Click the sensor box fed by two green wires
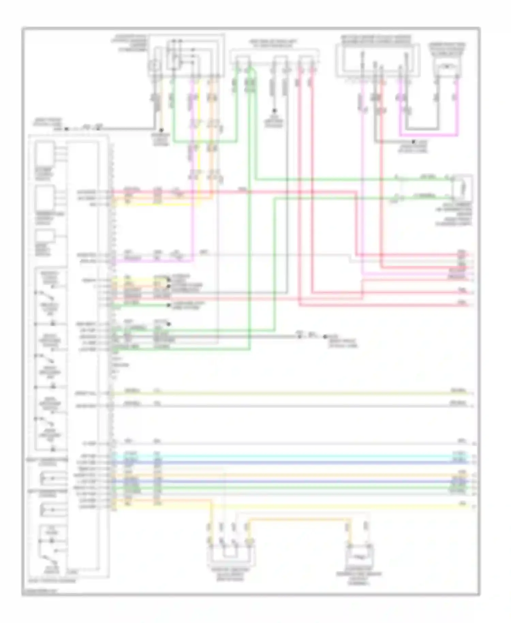tap(462, 188)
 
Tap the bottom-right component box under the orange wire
tap(360, 558)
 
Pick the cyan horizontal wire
tap(290, 456)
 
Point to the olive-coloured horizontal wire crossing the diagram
tap(290, 394)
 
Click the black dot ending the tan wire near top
tap(161, 130)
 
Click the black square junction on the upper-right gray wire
tap(413, 141)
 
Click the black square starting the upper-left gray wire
tap(66, 129)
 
